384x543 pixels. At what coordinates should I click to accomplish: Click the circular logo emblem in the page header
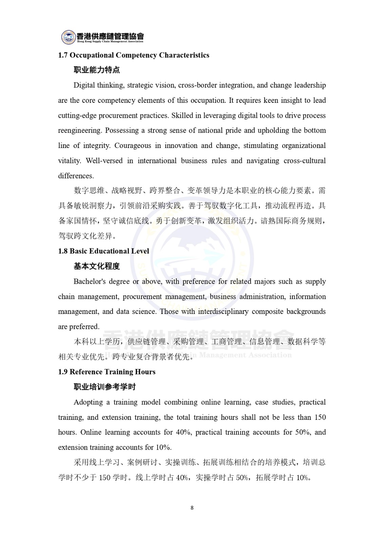click(x=69, y=37)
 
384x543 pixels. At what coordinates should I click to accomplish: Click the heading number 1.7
click(x=63, y=55)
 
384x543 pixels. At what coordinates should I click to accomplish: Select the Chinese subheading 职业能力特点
click(x=97, y=70)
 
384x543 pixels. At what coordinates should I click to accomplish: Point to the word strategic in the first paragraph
click(x=139, y=85)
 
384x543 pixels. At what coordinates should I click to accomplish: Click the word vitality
click(x=69, y=161)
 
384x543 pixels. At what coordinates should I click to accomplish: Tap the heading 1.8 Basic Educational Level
click(x=103, y=251)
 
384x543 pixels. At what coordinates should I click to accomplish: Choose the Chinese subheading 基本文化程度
click(x=97, y=266)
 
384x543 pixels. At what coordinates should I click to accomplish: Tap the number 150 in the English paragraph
click(x=320, y=417)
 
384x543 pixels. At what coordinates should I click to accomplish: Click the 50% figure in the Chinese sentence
click(x=242, y=478)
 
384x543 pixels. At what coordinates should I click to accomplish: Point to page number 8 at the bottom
click(x=192, y=508)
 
